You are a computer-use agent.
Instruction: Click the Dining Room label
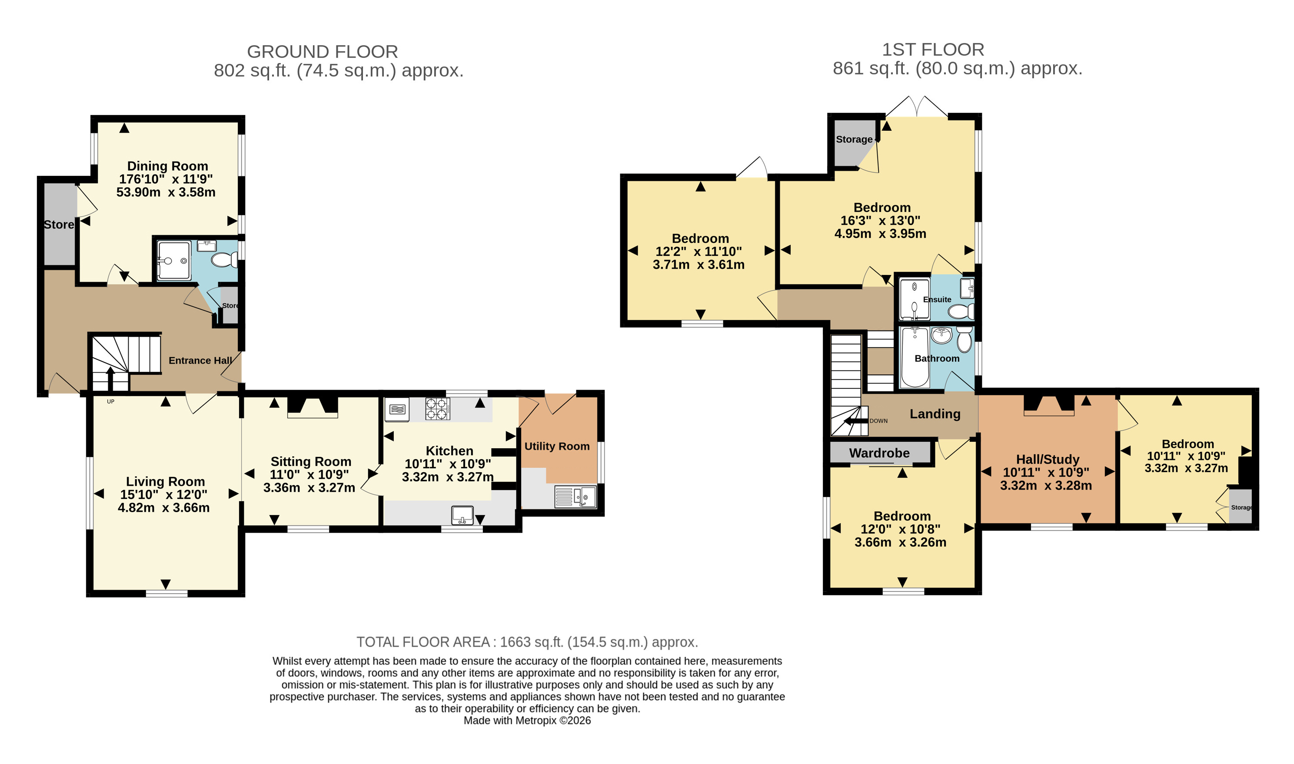click(167, 166)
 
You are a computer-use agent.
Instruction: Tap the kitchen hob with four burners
click(437, 409)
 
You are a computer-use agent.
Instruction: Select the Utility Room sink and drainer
click(575, 497)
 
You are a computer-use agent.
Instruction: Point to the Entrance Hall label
click(200, 361)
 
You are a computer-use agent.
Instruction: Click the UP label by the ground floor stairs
click(111, 402)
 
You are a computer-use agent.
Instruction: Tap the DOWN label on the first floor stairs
click(878, 420)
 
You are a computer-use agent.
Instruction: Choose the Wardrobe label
click(879, 453)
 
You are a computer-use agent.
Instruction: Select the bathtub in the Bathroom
click(915, 357)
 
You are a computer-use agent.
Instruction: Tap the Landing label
click(935, 414)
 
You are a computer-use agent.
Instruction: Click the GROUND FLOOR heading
click(323, 52)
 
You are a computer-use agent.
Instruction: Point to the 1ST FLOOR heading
click(933, 50)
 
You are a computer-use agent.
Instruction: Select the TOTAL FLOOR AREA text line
click(527, 642)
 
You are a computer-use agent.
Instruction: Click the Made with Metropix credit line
click(527, 720)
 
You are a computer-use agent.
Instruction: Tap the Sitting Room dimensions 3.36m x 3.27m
click(309, 487)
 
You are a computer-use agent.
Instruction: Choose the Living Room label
click(165, 481)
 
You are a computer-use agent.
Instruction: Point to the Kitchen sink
click(462, 515)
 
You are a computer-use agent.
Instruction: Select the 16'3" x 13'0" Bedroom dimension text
click(880, 220)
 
